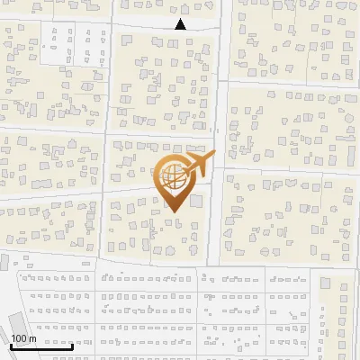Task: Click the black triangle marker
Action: (x=180, y=25)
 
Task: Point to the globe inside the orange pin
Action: (x=173, y=177)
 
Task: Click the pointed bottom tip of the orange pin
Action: (x=173, y=212)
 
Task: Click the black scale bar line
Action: (x=41, y=346)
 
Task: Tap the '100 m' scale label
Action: (x=24, y=338)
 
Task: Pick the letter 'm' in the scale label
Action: (x=32, y=338)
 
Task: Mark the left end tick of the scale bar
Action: (x=11, y=345)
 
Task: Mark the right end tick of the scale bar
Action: (x=73, y=345)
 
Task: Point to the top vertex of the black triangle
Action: (x=180, y=20)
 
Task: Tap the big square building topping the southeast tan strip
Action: (x=326, y=283)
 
